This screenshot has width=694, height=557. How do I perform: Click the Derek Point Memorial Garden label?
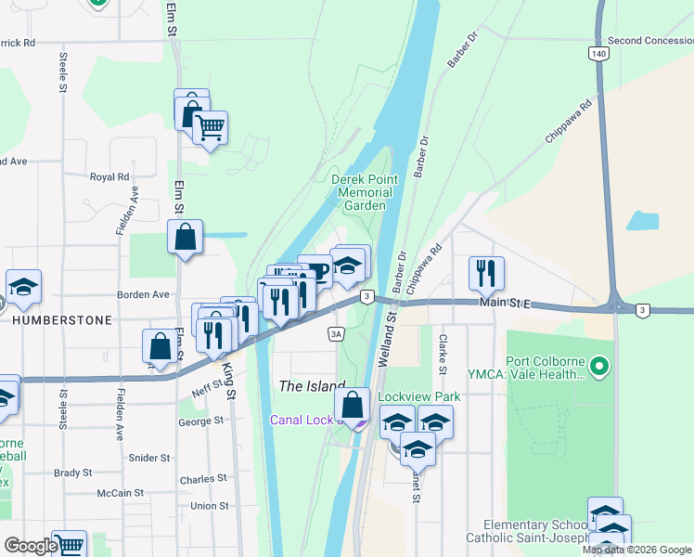tap(365, 192)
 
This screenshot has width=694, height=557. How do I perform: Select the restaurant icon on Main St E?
tap(486, 272)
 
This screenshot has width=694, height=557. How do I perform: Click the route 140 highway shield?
tap(599, 55)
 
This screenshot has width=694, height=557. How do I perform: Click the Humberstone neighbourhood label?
tap(62, 319)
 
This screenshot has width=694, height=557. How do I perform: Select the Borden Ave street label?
tap(143, 294)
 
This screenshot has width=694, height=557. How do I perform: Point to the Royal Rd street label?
tap(109, 176)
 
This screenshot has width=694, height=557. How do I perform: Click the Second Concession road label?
tap(649, 41)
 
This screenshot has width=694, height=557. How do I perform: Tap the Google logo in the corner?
tap(31, 546)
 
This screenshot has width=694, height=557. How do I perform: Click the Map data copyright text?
tap(637, 550)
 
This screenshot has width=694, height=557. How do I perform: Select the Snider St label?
tap(149, 458)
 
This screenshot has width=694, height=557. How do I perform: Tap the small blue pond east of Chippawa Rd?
tap(643, 221)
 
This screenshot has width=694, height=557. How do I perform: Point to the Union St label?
tap(209, 506)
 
